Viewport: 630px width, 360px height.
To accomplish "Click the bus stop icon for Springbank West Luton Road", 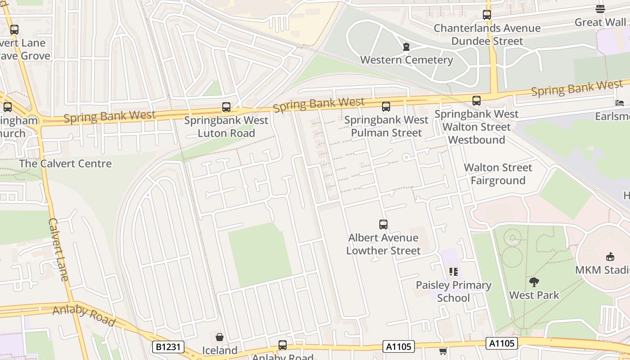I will [x=226, y=107].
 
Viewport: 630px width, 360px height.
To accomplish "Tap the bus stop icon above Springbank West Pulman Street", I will [x=386, y=107].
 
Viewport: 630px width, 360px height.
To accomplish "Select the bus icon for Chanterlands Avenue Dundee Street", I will [x=486, y=15].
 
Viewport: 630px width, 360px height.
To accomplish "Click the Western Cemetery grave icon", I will [x=406, y=47].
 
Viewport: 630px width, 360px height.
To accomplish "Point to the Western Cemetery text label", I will [x=406, y=60].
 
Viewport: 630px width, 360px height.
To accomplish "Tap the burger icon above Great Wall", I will [x=600, y=9].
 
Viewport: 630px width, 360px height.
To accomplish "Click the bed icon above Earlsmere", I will [x=620, y=103].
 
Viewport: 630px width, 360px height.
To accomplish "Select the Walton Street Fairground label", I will [x=498, y=174].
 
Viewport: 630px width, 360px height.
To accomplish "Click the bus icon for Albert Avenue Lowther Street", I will [x=383, y=224].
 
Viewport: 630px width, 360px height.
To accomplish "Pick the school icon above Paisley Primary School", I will [x=453, y=272].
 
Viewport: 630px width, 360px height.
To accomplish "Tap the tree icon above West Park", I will [x=534, y=282].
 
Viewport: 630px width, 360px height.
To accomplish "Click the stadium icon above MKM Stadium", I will [x=610, y=257].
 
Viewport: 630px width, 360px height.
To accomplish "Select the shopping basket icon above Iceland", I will [x=219, y=337].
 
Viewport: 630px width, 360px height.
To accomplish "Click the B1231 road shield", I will [x=169, y=347].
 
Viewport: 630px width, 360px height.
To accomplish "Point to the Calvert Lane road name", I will [x=58, y=250].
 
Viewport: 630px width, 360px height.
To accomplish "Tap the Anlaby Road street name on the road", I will [x=84, y=315].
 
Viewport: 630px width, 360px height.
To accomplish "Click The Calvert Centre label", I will [x=65, y=163].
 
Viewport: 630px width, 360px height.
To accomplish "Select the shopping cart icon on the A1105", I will [x=443, y=351].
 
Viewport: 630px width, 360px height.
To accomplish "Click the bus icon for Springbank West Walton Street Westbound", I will [x=476, y=101].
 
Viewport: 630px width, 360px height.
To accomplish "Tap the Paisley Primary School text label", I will [x=453, y=292].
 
